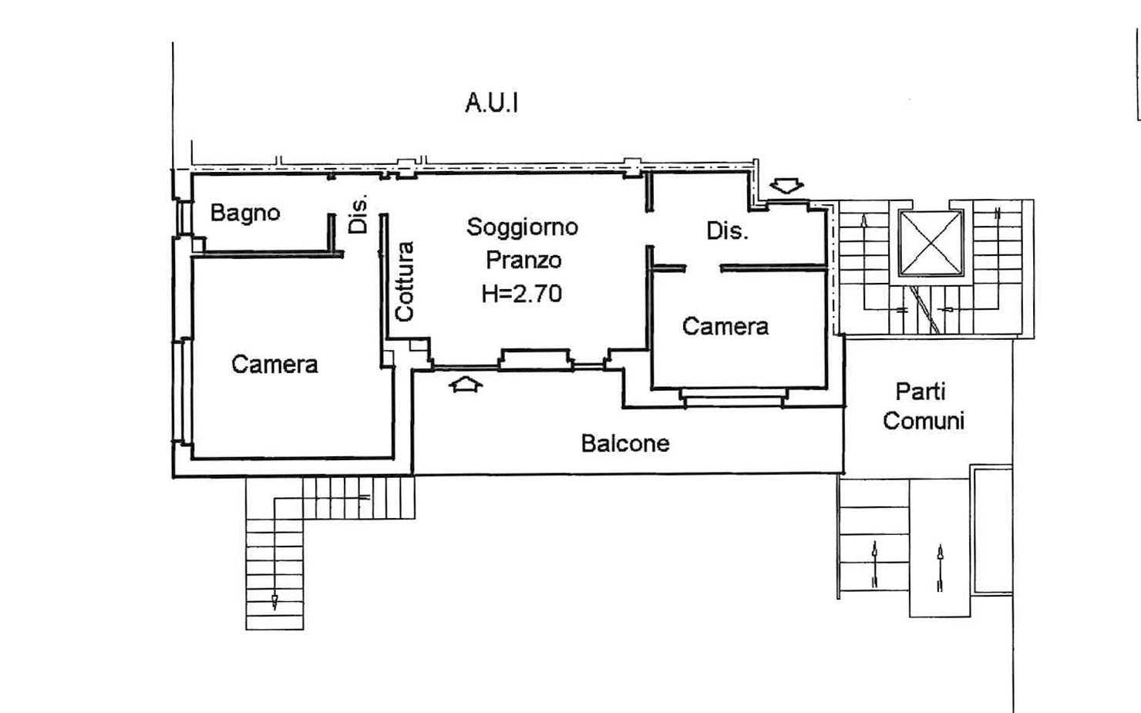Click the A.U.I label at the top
tap(491, 103)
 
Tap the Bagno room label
tap(245, 213)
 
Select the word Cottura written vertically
tap(404, 281)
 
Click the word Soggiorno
tap(522, 227)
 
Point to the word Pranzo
tap(523, 260)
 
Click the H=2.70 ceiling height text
tap(522, 293)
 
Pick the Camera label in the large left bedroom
tap(274, 364)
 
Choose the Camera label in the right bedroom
tap(725, 326)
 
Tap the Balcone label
tap(624, 443)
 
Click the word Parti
tap(920, 392)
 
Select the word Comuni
tap(923, 421)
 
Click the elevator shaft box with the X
tap(931, 242)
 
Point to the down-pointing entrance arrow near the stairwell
tap(786, 186)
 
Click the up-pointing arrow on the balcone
tap(465, 383)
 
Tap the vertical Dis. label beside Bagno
tap(358, 214)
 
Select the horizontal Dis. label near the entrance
tap(727, 230)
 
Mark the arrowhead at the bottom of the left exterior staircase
tap(274, 602)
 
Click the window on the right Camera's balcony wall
tap(732, 396)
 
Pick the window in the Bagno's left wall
tap(183, 216)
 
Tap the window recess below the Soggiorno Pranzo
tap(535, 360)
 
